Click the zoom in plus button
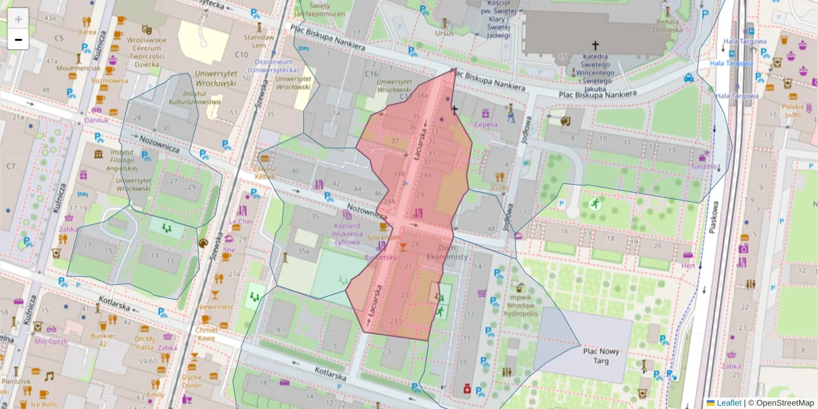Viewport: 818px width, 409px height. [x=18, y=18]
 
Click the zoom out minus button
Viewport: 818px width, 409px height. [x=18, y=40]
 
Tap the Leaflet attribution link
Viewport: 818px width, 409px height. [x=728, y=403]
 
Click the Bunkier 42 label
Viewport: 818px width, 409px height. [x=103, y=339]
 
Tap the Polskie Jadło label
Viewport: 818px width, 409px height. [x=793, y=110]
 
